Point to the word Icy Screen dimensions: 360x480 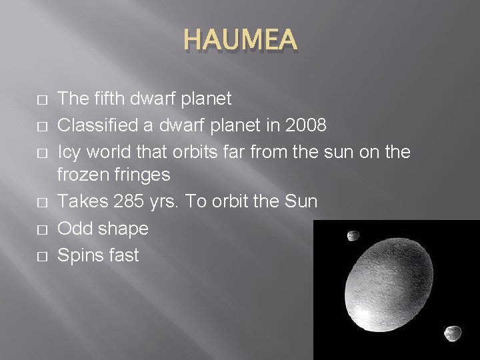pos(71,151)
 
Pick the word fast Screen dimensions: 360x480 pos(123,253)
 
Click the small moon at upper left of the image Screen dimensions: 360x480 pos(353,236)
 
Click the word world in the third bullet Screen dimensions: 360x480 pos(113,151)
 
